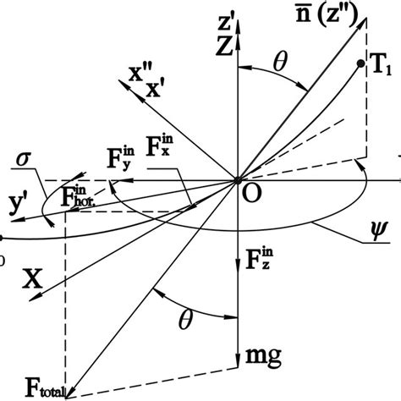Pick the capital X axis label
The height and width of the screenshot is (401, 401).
point(31,277)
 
